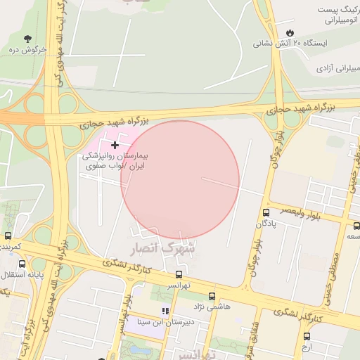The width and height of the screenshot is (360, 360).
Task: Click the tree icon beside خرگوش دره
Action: pyautogui.click(x=27, y=39)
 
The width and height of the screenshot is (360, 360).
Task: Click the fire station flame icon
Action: pyautogui.click(x=289, y=33)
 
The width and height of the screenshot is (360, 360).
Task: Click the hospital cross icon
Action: pyautogui.click(x=115, y=145)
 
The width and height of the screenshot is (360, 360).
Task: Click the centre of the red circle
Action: pyautogui.click(x=180, y=180)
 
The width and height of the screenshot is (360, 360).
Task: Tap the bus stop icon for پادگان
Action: pyautogui.click(x=266, y=212)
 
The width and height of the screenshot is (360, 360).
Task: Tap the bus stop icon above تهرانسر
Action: pyautogui.click(x=179, y=275)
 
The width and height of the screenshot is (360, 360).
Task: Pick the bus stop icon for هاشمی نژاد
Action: pyautogui.click(x=212, y=297)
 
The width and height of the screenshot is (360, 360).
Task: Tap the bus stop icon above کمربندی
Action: pyautogui.click(x=8, y=236)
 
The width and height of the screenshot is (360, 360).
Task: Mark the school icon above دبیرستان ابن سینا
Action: pyautogui.click(x=165, y=311)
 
